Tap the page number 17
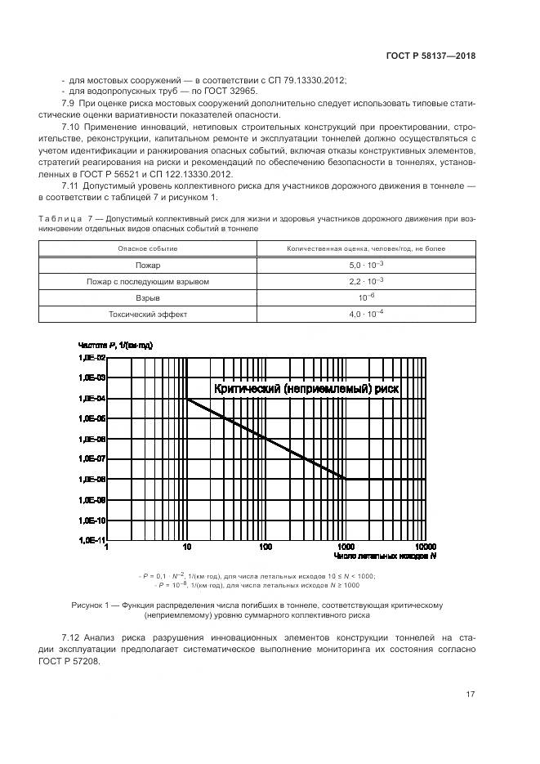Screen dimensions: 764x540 [470, 695]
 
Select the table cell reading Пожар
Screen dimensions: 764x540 [148, 266]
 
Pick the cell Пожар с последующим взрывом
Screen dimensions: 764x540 [148, 282]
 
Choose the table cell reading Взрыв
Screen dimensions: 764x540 [148, 298]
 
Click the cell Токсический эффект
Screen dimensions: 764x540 [148, 315]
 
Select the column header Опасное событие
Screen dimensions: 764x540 [148, 248]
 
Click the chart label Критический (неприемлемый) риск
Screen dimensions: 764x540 [306, 390]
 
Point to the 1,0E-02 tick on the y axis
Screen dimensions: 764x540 [91, 358]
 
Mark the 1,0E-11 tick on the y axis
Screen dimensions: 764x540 [91, 540]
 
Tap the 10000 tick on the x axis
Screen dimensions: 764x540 [424, 547]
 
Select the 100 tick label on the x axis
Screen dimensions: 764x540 [266, 547]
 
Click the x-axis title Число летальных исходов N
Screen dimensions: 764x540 [385, 556]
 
